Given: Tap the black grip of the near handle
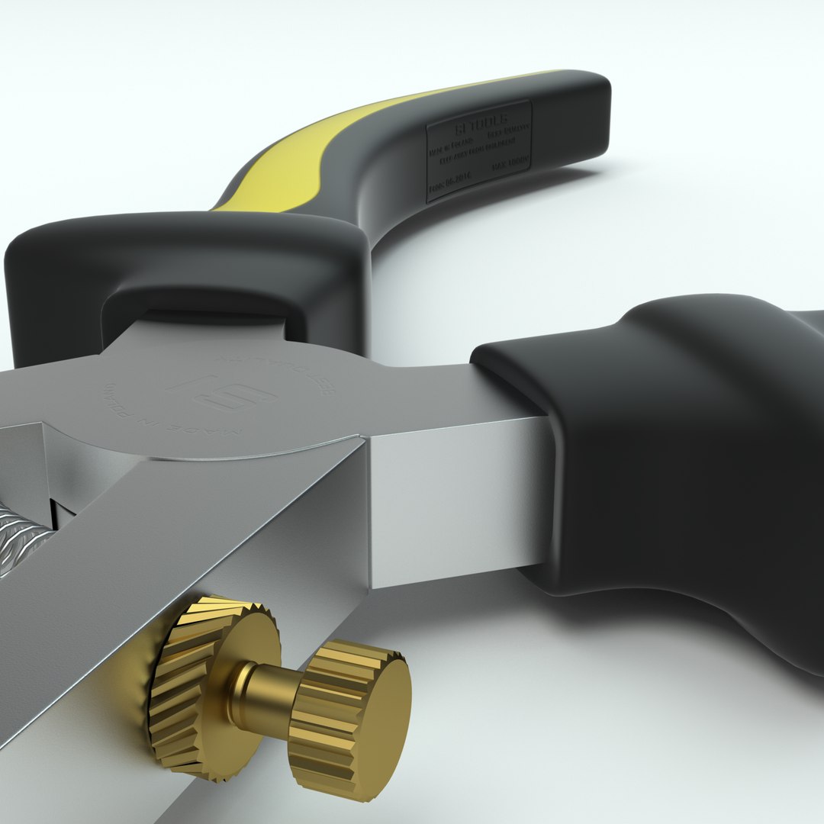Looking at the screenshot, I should coord(687,458).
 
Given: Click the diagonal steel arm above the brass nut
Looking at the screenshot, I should coord(191,534).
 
